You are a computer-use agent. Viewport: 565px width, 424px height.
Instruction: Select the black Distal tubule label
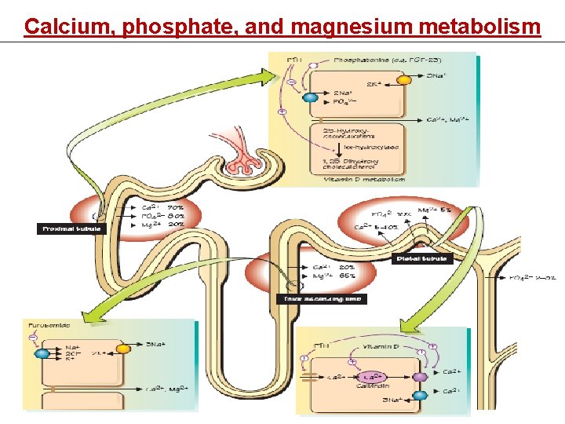(422, 258)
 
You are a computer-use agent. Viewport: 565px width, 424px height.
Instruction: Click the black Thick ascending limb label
(323, 298)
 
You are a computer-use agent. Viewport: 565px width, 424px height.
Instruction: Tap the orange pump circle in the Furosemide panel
(122, 349)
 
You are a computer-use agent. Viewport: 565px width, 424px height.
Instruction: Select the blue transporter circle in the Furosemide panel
(42, 354)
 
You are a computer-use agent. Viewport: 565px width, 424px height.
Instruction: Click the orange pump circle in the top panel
(404, 79)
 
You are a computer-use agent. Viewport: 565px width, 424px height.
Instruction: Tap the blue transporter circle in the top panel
(310, 98)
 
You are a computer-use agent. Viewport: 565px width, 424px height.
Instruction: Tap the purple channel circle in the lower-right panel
(421, 377)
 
